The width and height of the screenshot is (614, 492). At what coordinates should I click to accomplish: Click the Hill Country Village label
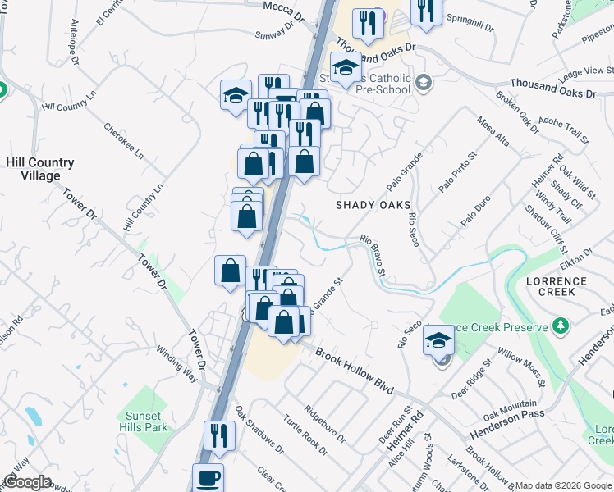(x=39, y=170)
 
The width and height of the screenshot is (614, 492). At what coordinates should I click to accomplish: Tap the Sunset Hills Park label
(x=146, y=421)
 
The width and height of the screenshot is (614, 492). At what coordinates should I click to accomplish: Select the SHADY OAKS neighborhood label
(x=373, y=205)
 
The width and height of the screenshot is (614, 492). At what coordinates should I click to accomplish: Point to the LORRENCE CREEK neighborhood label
(x=557, y=287)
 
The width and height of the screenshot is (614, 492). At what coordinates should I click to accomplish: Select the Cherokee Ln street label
(x=123, y=141)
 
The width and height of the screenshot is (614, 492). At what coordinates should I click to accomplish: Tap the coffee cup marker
(x=208, y=478)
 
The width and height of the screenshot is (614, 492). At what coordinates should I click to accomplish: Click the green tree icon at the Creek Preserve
(x=561, y=327)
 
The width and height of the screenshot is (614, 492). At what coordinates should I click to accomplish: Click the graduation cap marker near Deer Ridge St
(x=439, y=339)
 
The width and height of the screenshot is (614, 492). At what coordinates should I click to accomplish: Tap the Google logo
(x=28, y=482)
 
